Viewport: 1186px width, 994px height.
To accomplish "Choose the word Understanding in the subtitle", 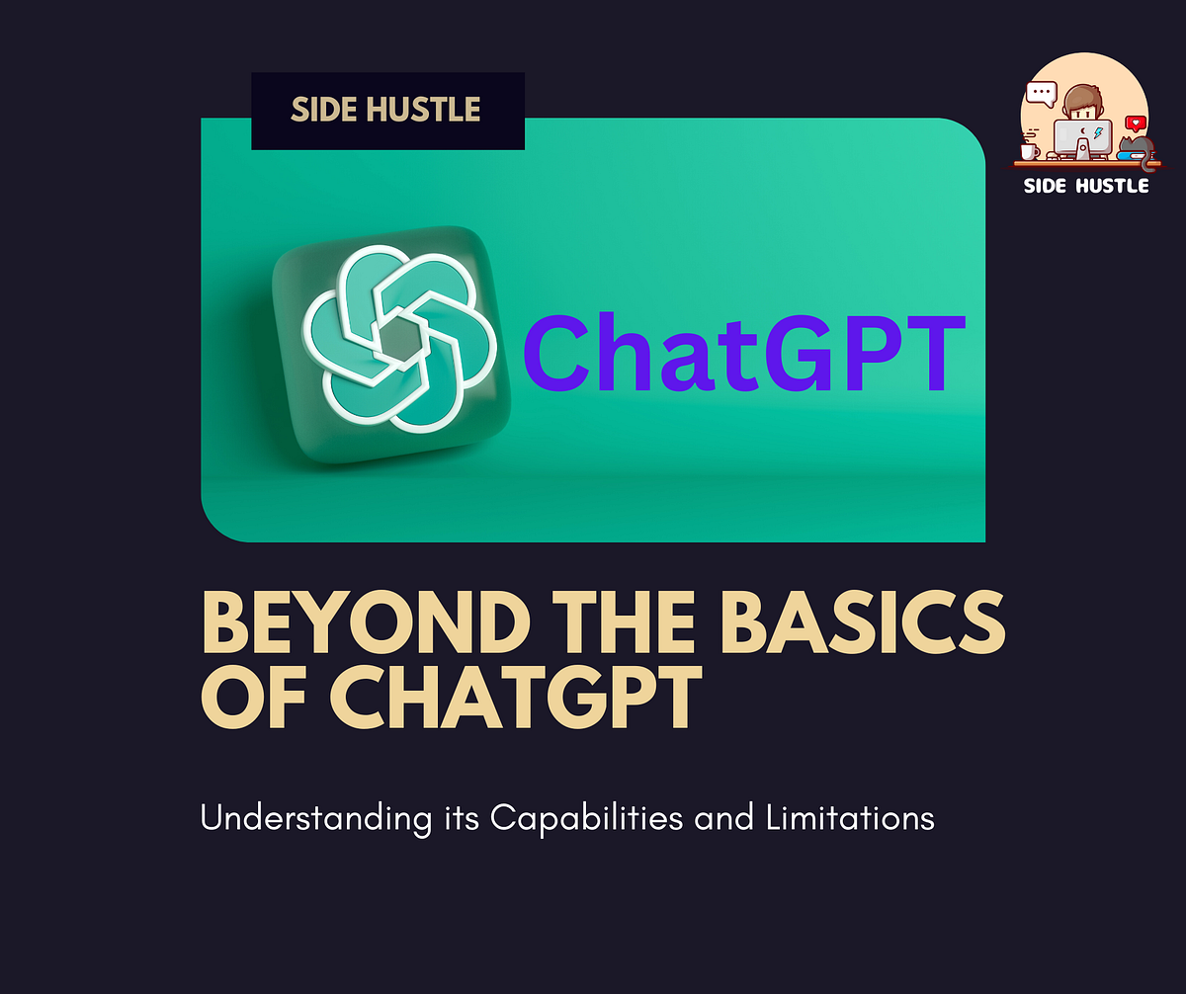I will click(301, 820).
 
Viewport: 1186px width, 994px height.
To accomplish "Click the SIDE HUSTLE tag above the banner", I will click(386, 110).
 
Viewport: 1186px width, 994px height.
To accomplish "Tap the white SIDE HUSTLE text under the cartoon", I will click(1085, 185).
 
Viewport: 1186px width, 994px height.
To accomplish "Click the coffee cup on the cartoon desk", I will click(1029, 152).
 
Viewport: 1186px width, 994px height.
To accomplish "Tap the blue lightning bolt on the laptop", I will click(1098, 133).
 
